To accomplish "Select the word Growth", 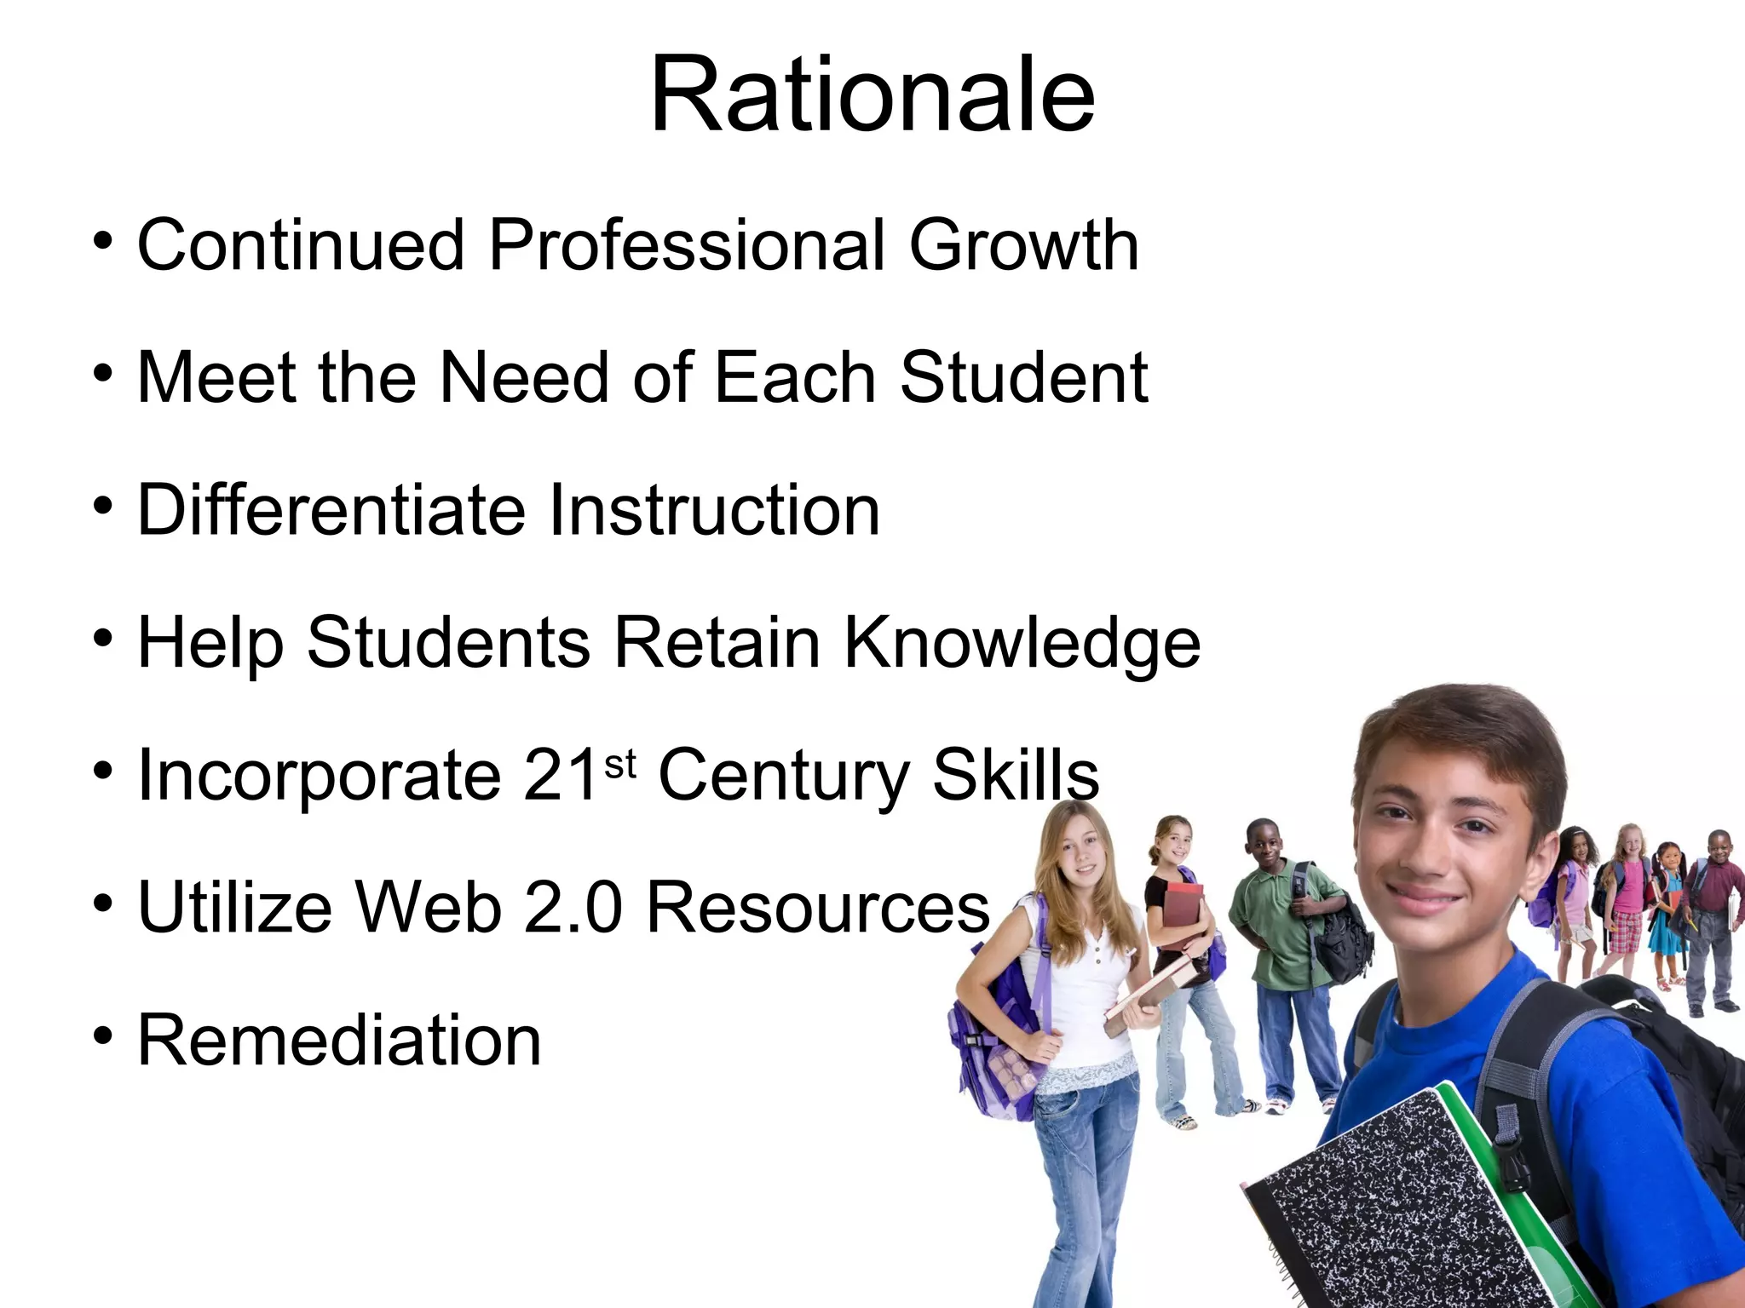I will [x=1023, y=245].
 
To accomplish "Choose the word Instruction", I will [x=714, y=510].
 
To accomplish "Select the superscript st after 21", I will [x=619, y=765].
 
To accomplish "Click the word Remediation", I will [x=339, y=1041].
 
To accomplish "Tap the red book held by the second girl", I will [x=1183, y=915].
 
